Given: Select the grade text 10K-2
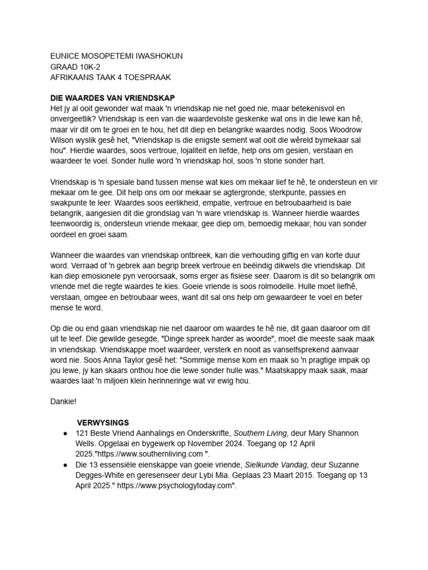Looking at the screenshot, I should [x=90, y=67].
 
